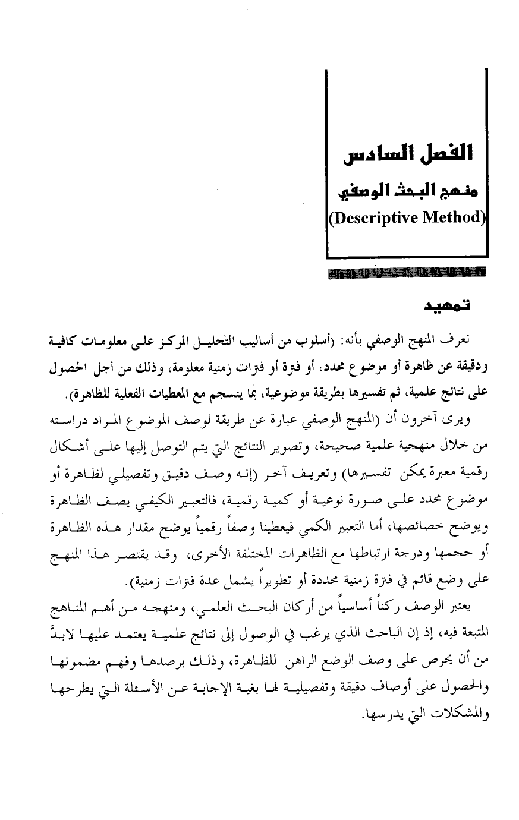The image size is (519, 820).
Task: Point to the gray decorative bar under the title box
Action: click(406, 275)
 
